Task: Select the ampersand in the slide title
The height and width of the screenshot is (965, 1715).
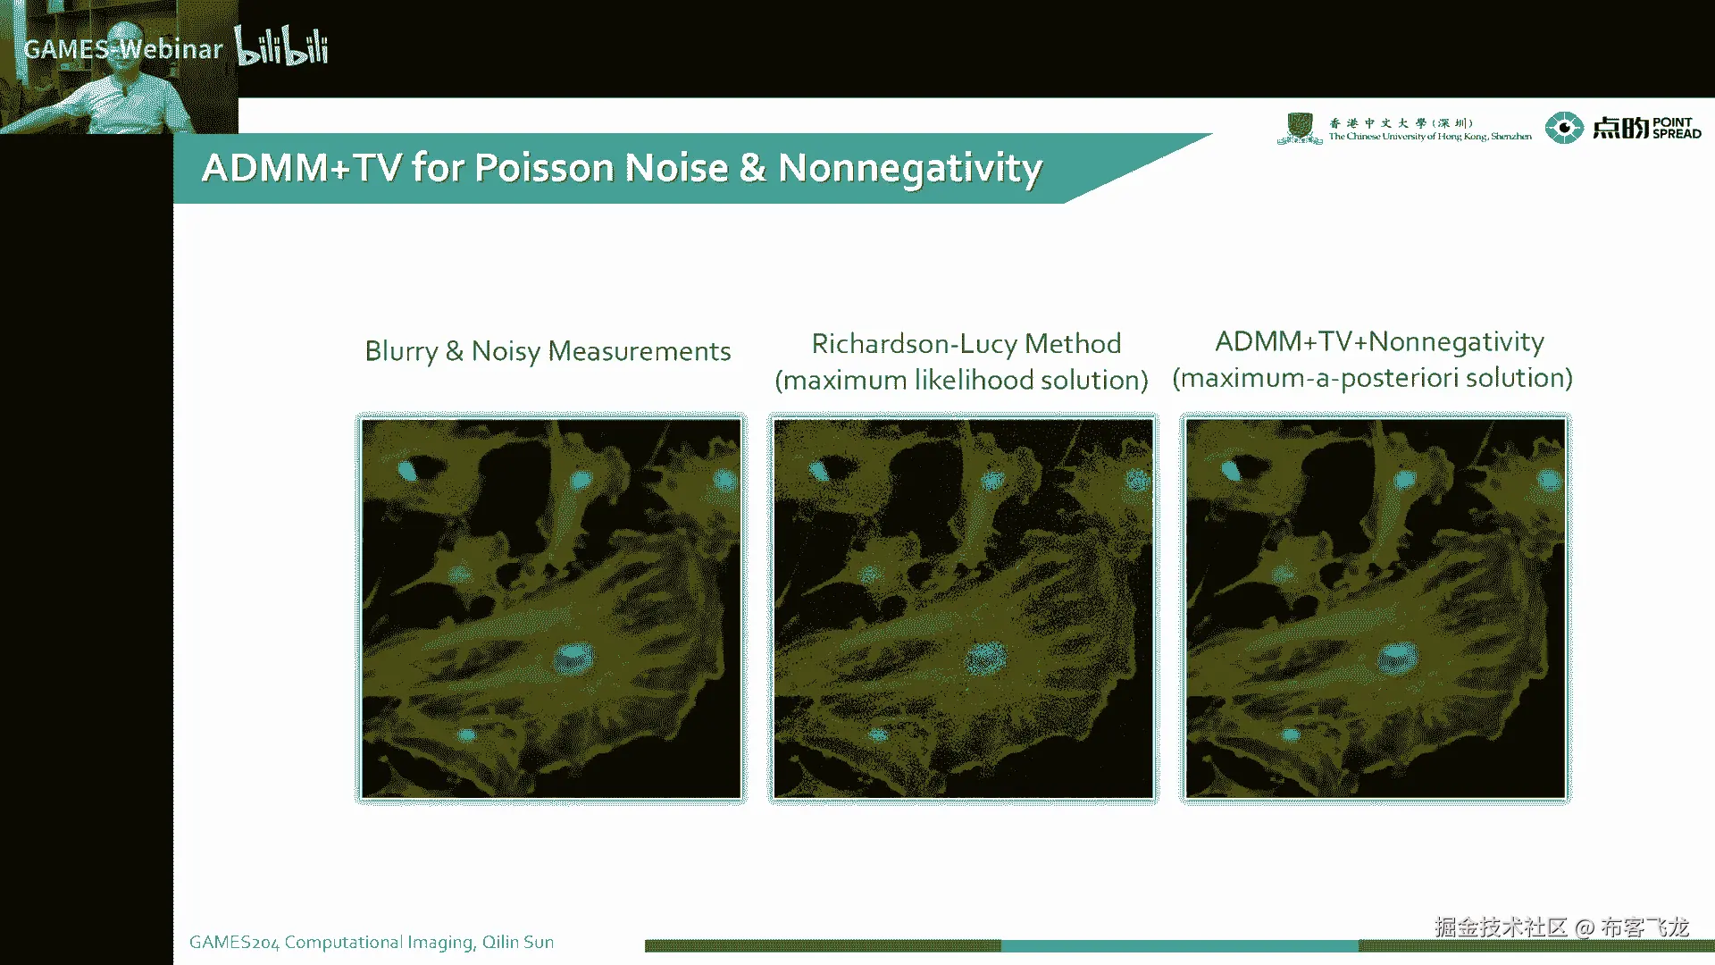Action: tap(752, 168)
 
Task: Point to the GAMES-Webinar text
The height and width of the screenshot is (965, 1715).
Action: tap(123, 49)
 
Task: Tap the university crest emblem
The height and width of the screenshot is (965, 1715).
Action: tap(1300, 129)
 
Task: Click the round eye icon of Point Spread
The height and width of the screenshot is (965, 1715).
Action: tap(1564, 128)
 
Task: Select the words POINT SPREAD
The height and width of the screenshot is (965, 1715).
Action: tap(1677, 128)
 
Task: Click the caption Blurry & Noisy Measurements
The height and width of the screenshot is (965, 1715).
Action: tap(548, 351)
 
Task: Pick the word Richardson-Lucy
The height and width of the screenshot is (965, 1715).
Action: tap(915, 344)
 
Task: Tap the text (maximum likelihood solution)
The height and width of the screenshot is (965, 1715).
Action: tap(961, 381)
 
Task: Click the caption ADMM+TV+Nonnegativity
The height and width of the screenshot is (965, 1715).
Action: tap(1379, 342)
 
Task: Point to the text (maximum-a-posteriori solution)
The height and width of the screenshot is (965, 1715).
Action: tap(1372, 378)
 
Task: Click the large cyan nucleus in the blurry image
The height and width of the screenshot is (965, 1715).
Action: tap(573, 659)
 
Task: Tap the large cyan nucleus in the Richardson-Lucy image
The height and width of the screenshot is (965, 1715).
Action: tap(984, 659)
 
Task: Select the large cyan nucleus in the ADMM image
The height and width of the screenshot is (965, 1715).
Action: tap(1397, 658)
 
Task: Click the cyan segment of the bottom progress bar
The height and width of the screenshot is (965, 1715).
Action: tap(1179, 945)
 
